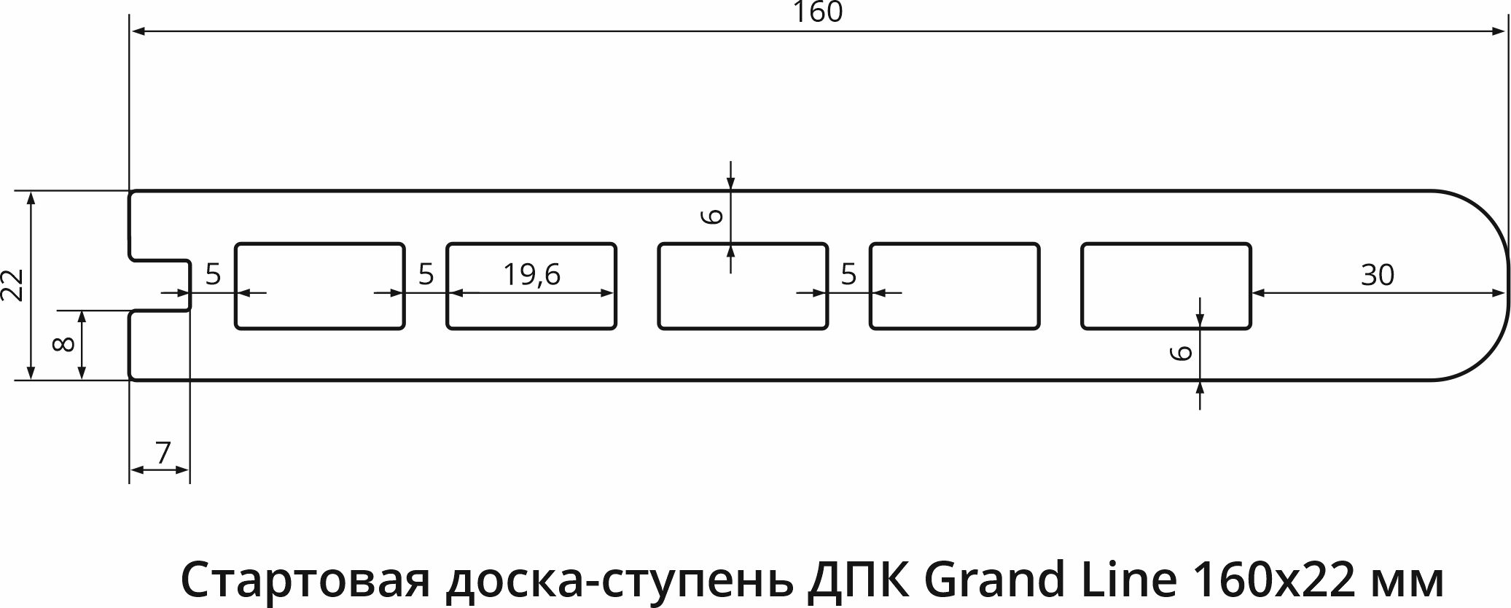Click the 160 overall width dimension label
[818, 12]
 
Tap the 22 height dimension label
[14, 285]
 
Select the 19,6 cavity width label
[531, 274]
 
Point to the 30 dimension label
[1377, 274]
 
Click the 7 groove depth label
[163, 453]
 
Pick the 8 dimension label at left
[64, 344]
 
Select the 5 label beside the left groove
[213, 274]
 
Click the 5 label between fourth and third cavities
[848, 274]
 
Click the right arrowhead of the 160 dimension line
[1498, 31]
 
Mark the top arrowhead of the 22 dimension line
[30, 199]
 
